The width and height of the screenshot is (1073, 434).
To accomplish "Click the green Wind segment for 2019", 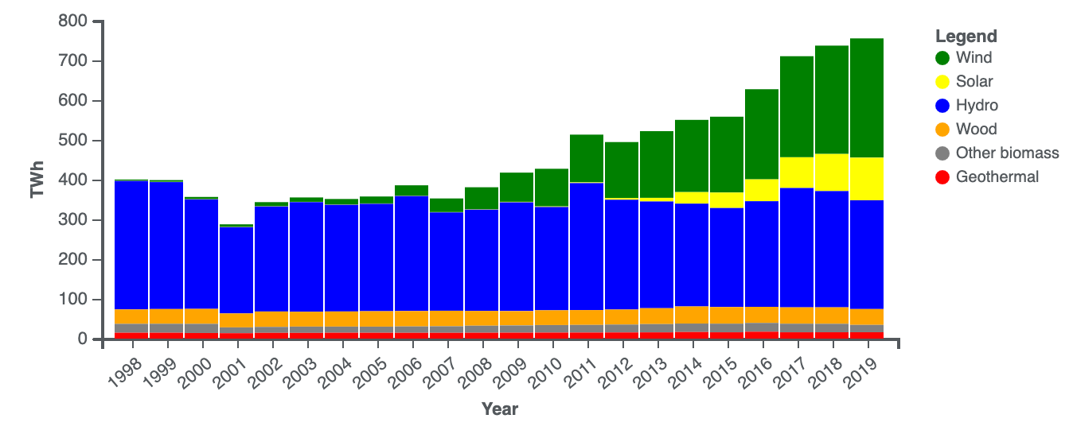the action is (x=867, y=98).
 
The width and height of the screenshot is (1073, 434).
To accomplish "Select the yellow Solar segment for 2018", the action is (x=832, y=172).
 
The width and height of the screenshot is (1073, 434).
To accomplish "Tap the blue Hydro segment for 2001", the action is (x=236, y=270).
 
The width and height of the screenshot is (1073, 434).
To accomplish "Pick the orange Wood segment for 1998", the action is (x=131, y=317).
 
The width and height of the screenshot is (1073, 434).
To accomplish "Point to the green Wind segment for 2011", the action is (x=587, y=158).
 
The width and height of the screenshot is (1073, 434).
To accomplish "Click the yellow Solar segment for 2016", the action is (x=762, y=191).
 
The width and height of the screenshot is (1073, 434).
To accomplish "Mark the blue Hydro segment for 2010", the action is (x=552, y=258).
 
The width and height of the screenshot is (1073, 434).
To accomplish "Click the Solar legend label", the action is (x=974, y=81).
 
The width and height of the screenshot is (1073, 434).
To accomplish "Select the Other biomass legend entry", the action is (x=997, y=153).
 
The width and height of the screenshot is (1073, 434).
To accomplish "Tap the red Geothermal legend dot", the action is (x=942, y=177).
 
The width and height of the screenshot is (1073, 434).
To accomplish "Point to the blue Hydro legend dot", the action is (x=942, y=105).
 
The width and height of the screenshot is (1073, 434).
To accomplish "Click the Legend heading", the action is (x=966, y=37).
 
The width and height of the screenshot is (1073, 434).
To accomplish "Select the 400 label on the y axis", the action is (x=72, y=180).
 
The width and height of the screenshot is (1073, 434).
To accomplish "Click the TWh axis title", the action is (x=37, y=180).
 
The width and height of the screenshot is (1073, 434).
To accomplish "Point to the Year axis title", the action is (x=500, y=409).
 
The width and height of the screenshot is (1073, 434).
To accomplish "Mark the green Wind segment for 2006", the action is (x=412, y=191).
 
